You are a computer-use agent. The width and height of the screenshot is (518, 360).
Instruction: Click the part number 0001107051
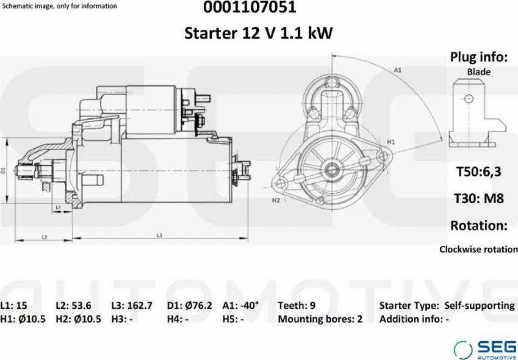(x=250, y=7)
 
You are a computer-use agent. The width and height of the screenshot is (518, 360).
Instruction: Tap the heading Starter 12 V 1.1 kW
(x=258, y=34)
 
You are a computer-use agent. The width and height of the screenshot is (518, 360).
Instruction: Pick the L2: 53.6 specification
(x=74, y=306)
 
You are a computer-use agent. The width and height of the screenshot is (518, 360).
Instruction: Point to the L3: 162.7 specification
(x=132, y=306)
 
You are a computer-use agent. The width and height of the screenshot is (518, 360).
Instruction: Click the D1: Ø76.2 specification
(x=190, y=306)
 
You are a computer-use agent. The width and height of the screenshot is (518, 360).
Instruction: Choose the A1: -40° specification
(x=241, y=306)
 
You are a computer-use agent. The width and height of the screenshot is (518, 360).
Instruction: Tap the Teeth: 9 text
(x=297, y=306)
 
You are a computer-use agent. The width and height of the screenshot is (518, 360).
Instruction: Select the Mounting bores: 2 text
(x=320, y=319)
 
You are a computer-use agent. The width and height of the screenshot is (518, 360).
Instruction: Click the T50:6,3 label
(x=479, y=171)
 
